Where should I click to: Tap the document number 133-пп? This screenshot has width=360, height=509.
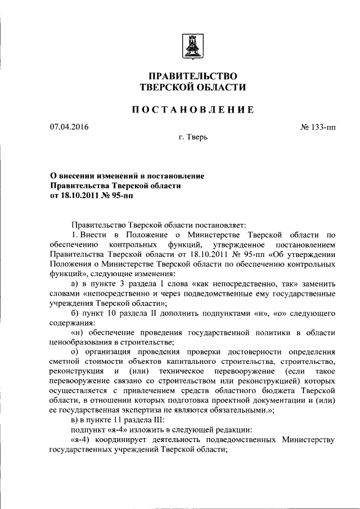[322, 127]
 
